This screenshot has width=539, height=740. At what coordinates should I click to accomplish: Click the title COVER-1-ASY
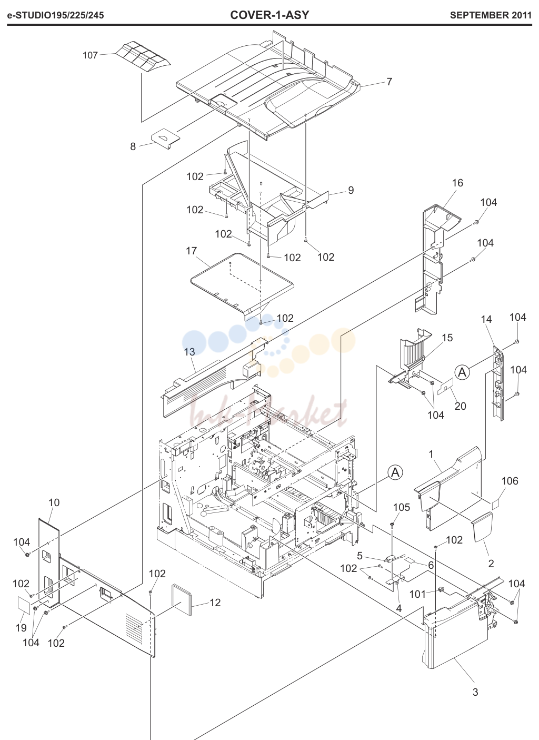269,15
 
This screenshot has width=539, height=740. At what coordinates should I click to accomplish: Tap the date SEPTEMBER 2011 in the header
491,15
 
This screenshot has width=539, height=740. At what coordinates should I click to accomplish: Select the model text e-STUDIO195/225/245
55,15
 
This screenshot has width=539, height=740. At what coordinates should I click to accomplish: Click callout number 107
90,55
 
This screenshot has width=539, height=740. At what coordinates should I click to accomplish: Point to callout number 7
390,82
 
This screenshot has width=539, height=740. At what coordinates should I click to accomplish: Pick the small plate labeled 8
165,139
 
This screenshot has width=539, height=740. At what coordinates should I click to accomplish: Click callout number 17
192,251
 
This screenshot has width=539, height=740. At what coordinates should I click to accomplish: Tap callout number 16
457,183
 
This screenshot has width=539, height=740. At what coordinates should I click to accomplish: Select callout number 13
189,352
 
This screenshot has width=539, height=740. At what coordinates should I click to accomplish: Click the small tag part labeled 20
445,387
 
